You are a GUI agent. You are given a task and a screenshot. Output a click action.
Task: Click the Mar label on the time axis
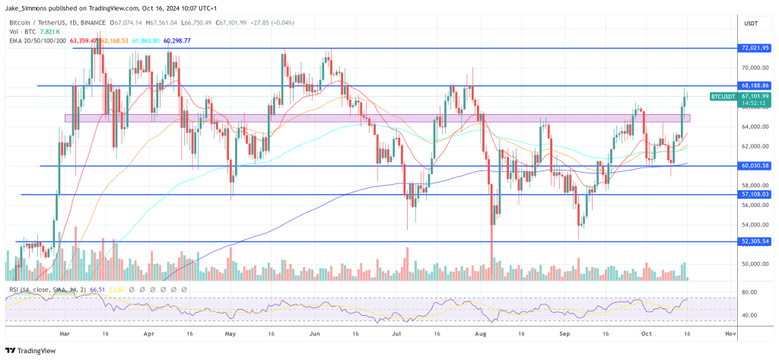pos(64,333)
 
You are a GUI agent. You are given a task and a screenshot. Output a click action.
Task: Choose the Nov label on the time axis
pos(731,333)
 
